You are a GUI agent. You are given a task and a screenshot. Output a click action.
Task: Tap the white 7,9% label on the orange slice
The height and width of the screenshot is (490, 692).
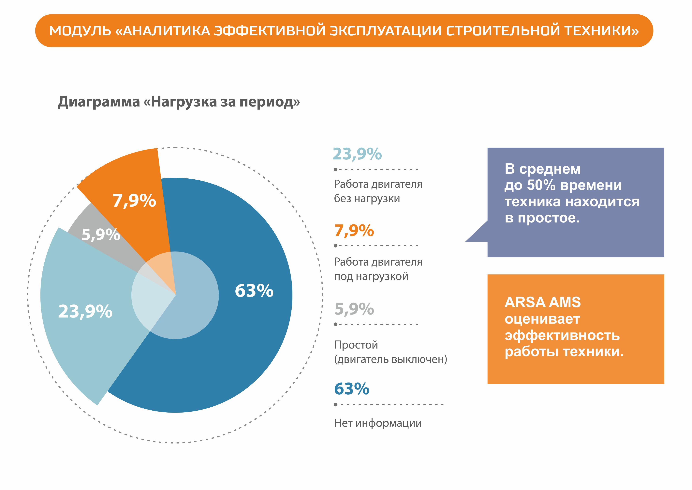pos(134,201)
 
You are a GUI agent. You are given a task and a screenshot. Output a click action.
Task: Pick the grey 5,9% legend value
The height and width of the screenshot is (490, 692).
pos(354,309)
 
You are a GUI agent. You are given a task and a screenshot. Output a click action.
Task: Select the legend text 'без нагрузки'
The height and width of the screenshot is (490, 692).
pos(367,199)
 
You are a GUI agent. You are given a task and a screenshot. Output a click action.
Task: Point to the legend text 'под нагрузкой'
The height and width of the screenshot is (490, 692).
pos(371,276)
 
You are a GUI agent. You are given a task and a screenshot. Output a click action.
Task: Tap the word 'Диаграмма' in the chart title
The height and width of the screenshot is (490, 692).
pos(99,102)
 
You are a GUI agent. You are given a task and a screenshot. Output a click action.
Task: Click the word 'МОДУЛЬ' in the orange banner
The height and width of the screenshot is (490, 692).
pos(80,31)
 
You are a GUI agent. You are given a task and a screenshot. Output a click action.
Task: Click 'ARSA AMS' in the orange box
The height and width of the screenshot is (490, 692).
pos(542,302)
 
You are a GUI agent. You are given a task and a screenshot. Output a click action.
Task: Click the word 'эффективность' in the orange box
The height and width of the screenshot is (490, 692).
pos(562,335)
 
